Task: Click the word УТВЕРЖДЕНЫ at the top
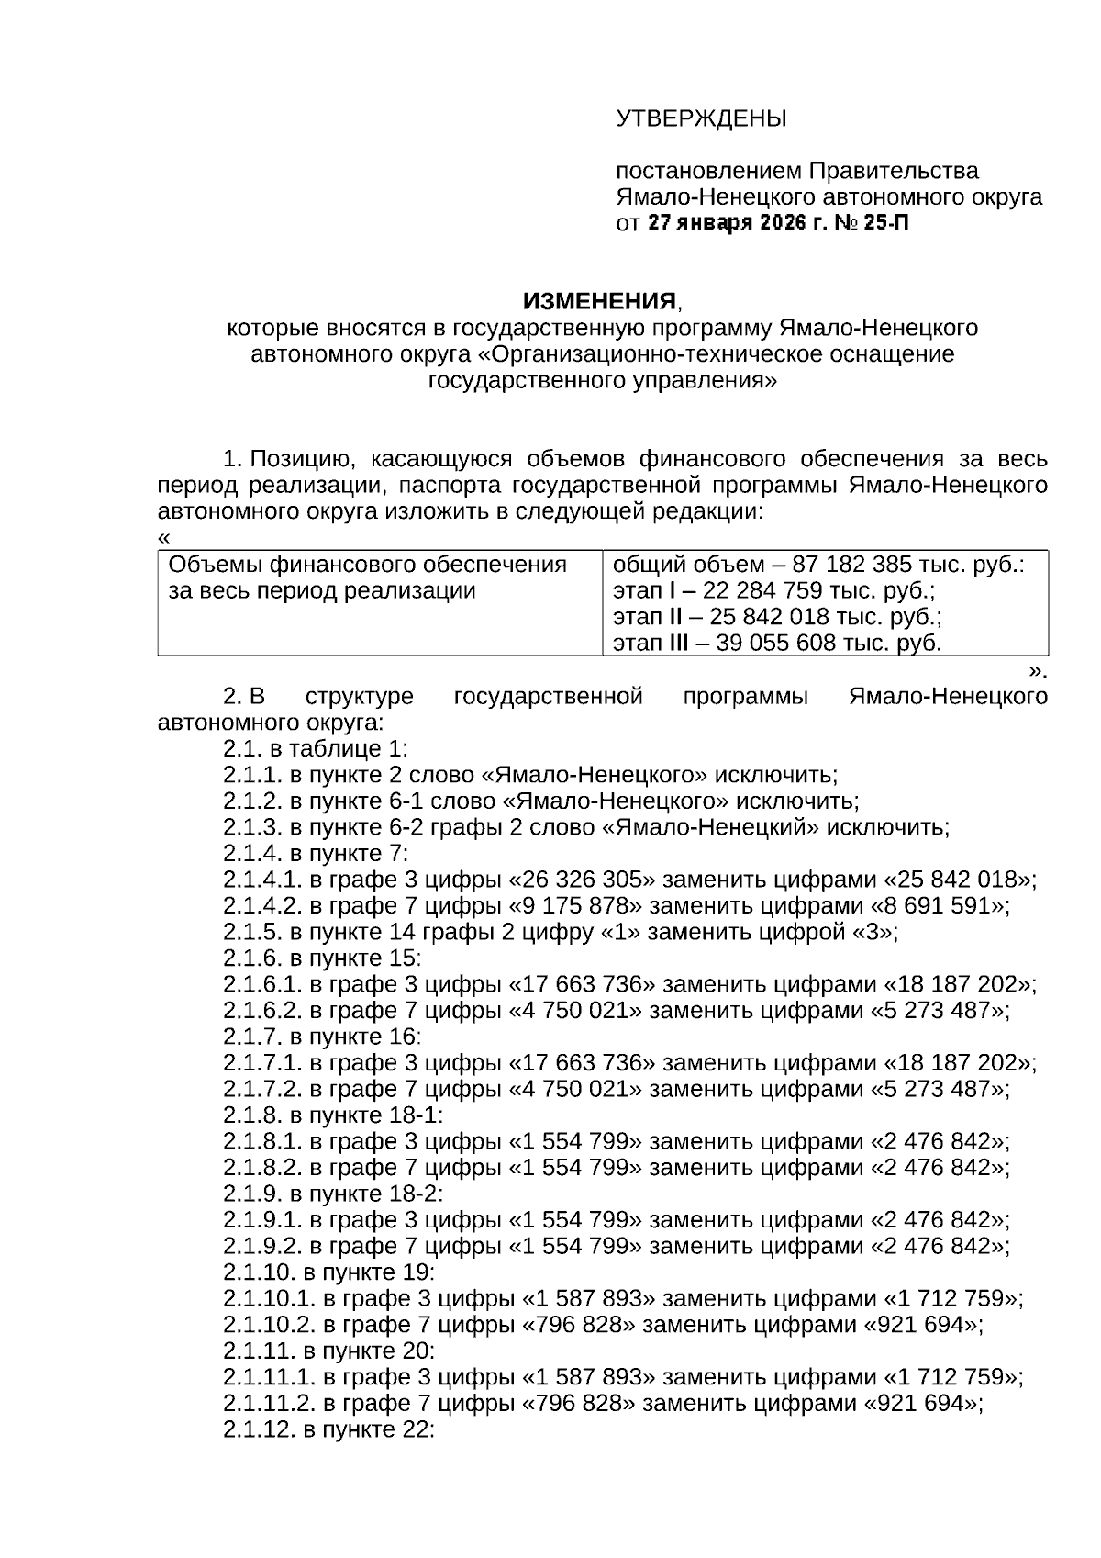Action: coord(701,118)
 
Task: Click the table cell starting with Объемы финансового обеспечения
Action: coord(367,577)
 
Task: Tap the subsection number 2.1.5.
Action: coord(252,933)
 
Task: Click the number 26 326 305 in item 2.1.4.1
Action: coord(583,880)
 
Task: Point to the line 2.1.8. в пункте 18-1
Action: coord(332,1115)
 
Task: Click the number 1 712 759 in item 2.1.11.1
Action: coord(951,1377)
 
